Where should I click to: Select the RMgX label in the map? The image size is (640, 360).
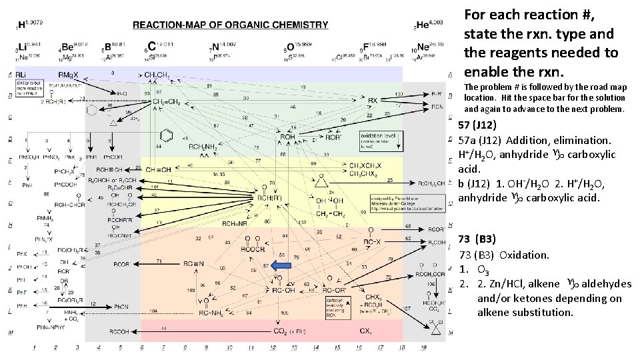[x=69, y=73]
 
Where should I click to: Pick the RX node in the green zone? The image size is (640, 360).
[x=373, y=101]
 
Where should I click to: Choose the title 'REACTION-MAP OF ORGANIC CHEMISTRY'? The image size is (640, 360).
[x=230, y=25]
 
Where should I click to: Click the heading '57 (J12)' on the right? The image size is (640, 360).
[x=478, y=125]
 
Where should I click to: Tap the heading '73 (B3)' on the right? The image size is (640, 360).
[x=477, y=239]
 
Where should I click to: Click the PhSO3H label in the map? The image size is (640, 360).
[x=27, y=158]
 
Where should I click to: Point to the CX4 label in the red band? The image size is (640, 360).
[x=366, y=331]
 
